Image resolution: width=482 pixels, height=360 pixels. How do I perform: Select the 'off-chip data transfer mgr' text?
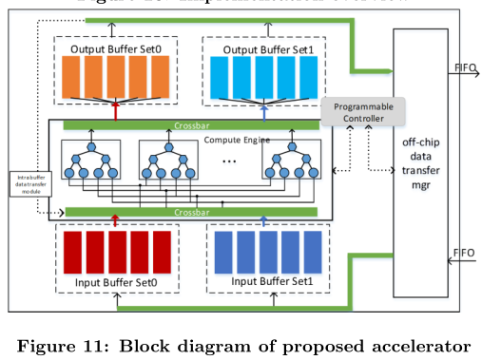click(424, 162)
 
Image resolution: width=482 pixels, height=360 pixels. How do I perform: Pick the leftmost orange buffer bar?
click(71, 77)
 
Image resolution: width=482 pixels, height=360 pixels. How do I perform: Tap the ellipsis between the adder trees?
click(228, 161)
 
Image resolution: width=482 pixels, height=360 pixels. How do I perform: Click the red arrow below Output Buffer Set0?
click(115, 111)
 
